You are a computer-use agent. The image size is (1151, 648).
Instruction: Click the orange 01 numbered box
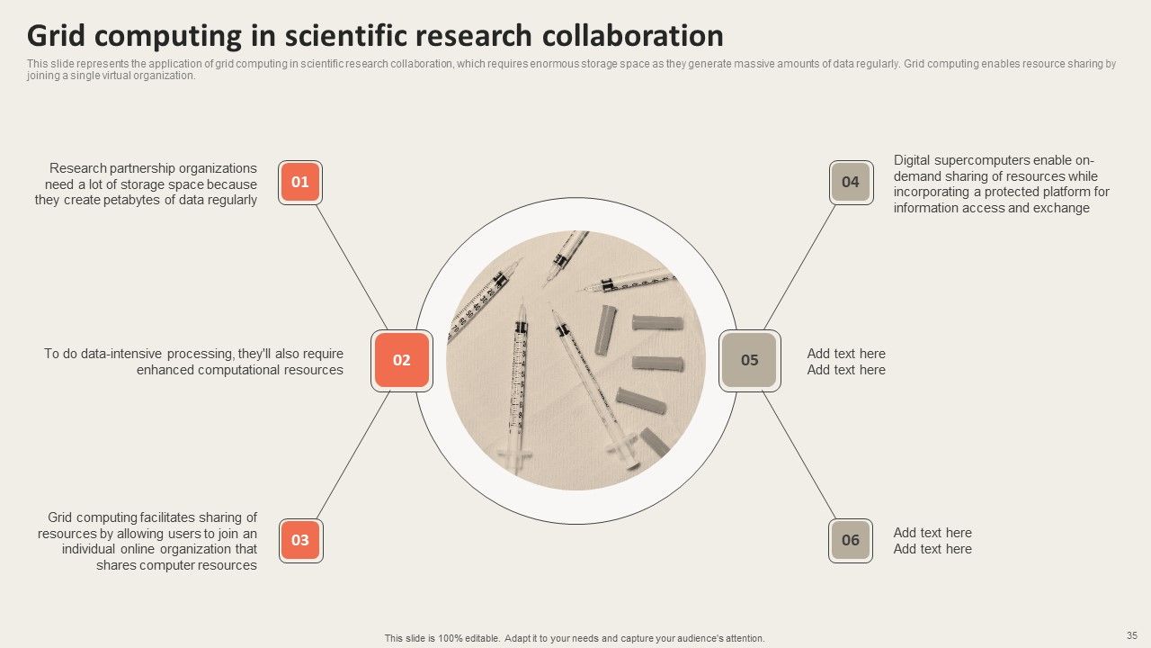coord(300,182)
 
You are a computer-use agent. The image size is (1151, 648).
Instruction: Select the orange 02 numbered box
coord(402,361)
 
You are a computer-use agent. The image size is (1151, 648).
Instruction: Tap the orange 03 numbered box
coord(301,541)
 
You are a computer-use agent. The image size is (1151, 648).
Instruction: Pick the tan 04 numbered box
coord(851,182)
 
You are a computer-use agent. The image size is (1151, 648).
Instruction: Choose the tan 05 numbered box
coord(750,361)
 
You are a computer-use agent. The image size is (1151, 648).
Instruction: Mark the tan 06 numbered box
coord(851,541)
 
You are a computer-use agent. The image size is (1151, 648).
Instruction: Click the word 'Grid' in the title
coord(56,35)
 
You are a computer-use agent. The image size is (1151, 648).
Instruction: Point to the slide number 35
coord(1131,635)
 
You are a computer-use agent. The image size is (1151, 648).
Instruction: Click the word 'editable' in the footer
coord(481,638)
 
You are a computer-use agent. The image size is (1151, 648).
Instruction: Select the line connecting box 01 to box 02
coord(352,267)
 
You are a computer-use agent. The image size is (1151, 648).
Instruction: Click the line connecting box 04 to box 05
coord(800,267)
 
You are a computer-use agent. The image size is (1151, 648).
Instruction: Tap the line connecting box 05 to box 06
coord(799,455)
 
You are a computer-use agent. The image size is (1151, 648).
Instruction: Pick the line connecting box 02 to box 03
coord(353,455)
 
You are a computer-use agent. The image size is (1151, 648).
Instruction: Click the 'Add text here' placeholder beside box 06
coord(932,541)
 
